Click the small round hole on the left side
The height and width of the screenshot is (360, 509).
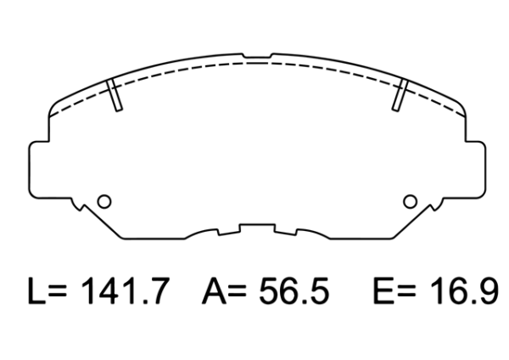click(104, 201)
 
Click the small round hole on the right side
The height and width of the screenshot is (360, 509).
click(410, 201)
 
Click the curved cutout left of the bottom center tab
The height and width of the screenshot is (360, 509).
click(203, 232)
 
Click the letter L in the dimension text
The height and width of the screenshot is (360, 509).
click(36, 293)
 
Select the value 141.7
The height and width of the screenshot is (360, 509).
click(128, 293)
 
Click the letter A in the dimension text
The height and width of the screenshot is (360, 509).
click(214, 293)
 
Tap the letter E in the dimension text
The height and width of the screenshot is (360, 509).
click(383, 293)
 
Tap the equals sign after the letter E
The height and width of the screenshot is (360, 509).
click(408, 294)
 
